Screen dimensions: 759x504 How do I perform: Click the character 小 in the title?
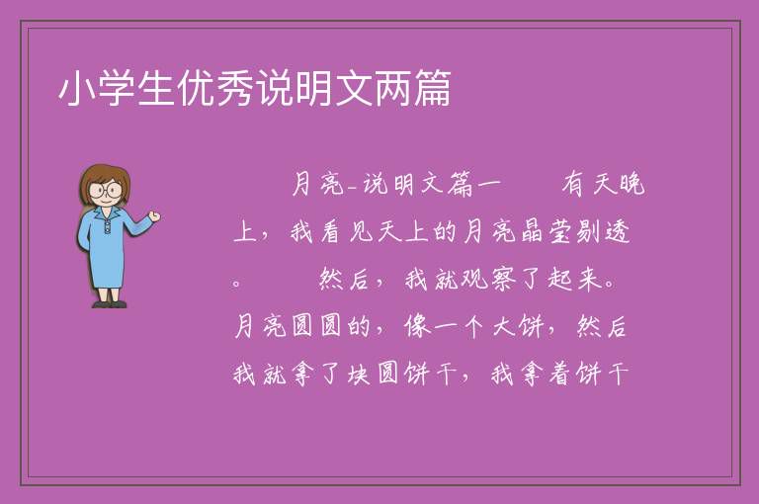77,89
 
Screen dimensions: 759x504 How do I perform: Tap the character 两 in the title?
393,89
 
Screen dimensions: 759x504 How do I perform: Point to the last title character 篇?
432,89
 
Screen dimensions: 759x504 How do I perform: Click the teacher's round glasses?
105,190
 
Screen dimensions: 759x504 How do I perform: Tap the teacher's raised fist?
154,216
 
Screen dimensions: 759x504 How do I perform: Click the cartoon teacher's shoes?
110,304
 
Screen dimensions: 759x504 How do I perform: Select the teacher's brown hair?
105,180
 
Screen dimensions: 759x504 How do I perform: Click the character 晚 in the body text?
632,184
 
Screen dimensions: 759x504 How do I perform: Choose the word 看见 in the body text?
347,231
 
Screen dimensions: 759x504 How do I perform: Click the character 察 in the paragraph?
503,280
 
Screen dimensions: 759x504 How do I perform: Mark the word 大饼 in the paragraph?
519,326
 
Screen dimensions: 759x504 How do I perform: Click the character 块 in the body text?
360,374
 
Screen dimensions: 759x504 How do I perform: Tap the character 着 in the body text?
560,374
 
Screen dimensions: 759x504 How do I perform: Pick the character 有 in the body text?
573,184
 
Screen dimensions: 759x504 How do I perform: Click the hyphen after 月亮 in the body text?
353,189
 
